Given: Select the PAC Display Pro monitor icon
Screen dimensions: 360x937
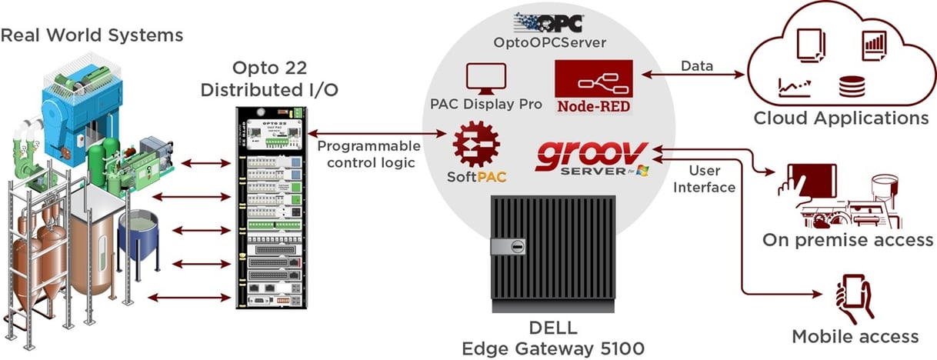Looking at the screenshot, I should coord(486,78).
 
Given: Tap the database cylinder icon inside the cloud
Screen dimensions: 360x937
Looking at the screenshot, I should coord(851,85).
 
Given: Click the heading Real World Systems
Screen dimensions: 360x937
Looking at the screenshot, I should coord(92,35).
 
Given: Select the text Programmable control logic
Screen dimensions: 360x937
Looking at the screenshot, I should coord(369,154).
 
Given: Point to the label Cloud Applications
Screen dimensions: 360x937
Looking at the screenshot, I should coord(841,118).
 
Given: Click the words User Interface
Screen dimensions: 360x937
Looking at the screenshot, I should coord(712,178).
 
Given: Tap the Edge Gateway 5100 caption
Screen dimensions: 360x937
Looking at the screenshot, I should coord(552,348).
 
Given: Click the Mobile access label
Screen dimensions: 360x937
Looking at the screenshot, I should coord(855,336).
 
